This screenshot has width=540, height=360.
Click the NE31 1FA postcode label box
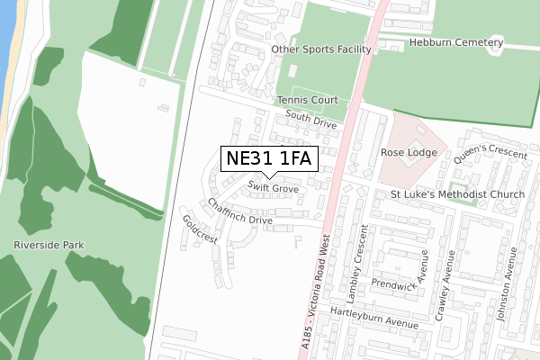[x=269, y=159]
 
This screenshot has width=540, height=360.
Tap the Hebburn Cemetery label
[x=454, y=42]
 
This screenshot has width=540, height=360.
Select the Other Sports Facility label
[x=320, y=50]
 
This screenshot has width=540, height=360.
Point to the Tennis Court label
[x=307, y=100]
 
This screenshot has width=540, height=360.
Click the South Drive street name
[x=310, y=119]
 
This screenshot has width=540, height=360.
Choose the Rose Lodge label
[x=409, y=153]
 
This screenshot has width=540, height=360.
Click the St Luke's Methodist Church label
[x=457, y=194]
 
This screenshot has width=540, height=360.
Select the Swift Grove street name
[x=274, y=188]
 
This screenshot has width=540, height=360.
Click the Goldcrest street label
[x=200, y=229]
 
